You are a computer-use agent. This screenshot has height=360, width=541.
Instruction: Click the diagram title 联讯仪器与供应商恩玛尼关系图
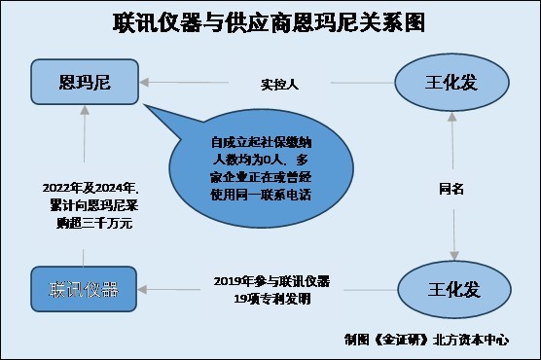269,22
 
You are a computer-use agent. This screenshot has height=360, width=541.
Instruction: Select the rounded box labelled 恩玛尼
85,82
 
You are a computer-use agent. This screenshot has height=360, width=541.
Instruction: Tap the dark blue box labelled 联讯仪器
84,289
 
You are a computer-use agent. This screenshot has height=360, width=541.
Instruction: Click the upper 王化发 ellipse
451,83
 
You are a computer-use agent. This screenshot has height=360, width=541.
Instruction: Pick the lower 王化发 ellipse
454,289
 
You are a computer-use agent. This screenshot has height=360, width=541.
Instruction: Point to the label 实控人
279,84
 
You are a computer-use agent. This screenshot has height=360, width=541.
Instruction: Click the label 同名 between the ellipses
451,189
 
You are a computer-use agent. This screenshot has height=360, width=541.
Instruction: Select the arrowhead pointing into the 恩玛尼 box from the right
144,83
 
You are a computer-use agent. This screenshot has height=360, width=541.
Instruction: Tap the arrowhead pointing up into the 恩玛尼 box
85,110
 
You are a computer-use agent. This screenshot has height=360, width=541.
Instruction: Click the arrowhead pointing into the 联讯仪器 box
142,290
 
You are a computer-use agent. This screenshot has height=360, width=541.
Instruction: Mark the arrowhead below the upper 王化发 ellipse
452,117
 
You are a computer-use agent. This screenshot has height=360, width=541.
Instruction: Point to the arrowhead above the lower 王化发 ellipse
454,256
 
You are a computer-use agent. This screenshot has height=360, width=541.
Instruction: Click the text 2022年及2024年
90,188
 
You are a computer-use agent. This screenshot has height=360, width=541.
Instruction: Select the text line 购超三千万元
94,224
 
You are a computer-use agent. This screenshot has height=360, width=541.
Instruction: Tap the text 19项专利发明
272,299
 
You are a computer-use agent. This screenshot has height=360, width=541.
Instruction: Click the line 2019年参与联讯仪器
271,281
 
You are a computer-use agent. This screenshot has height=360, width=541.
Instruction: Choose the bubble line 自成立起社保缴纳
261,142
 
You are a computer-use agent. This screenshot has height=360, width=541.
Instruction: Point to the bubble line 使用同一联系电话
261,195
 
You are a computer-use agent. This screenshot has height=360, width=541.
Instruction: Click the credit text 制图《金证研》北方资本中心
426,340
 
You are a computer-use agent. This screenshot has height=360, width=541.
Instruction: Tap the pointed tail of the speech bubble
144,104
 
